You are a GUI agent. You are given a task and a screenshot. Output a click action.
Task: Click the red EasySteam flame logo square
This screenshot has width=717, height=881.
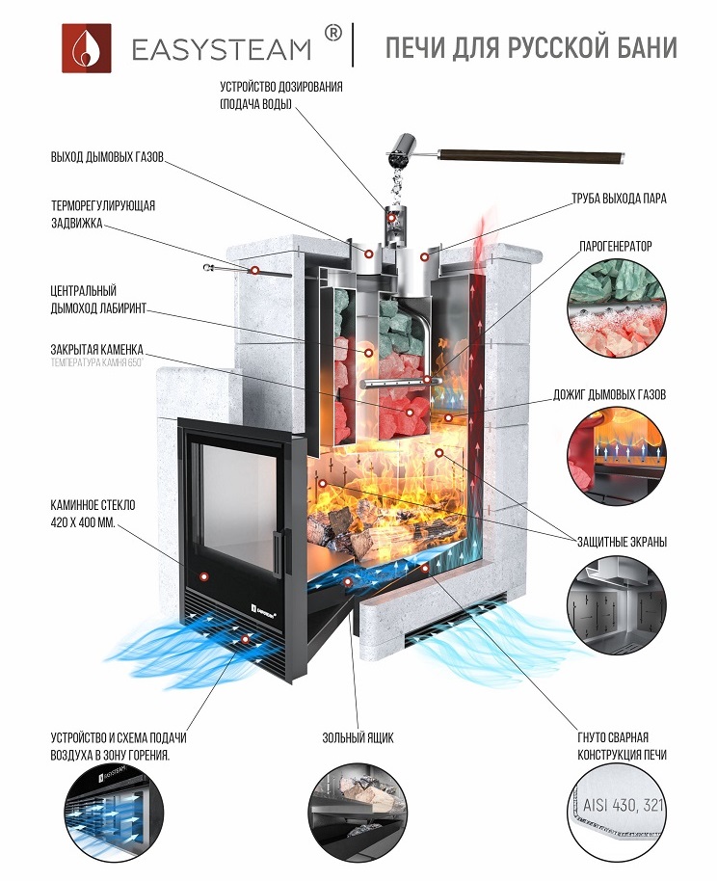click(x=86, y=46)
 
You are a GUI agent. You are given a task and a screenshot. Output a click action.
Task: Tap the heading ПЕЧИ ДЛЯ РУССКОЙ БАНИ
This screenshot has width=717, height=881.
click(x=531, y=47)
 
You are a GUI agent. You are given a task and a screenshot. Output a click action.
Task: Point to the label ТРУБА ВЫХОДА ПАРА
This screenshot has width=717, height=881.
click(x=618, y=199)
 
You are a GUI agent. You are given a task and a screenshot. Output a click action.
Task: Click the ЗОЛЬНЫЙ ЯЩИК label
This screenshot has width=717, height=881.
click(x=358, y=738)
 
